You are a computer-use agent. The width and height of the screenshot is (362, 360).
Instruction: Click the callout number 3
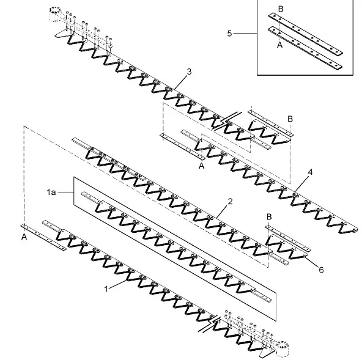(189, 72)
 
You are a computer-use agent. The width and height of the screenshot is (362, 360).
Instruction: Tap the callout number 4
(310, 172)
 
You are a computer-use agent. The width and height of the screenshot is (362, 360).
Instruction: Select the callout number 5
(229, 34)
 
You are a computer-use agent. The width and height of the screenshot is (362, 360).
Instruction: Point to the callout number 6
(322, 270)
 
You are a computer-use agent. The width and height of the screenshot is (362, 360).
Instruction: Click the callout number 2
(230, 202)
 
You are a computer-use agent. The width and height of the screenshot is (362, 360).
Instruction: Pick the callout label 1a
(51, 192)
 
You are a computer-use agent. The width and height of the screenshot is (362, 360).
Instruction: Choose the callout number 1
(106, 289)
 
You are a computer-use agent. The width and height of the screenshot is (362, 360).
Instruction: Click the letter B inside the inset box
(281, 9)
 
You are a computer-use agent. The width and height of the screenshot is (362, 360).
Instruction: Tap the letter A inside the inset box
(279, 45)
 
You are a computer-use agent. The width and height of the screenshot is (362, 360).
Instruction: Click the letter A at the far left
(24, 237)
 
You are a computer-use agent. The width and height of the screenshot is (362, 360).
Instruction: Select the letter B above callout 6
(269, 217)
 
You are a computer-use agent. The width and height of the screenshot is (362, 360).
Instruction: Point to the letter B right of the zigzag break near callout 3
(290, 119)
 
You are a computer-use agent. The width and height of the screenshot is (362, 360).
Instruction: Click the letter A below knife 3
(202, 166)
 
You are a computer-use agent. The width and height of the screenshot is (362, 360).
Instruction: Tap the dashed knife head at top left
(56, 14)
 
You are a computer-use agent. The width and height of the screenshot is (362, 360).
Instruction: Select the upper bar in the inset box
(306, 34)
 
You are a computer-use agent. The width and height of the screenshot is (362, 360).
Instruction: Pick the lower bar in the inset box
(305, 48)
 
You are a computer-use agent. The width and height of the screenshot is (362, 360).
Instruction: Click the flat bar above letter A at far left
(43, 237)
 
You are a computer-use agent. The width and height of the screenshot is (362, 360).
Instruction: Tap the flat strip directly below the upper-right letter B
(270, 123)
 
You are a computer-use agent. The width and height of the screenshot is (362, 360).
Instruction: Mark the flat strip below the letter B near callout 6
(288, 238)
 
